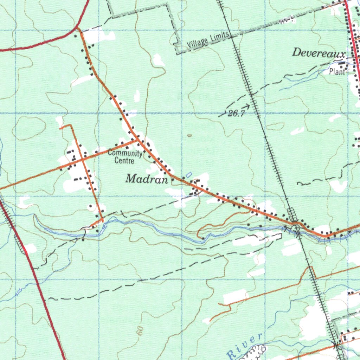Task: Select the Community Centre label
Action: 125,157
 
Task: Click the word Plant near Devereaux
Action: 337,72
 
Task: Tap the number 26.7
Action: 236,114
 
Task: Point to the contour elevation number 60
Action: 141,330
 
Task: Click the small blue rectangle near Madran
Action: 189,174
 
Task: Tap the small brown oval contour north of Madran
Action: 190,135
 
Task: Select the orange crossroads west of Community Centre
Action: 82,159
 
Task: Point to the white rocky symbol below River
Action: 256,352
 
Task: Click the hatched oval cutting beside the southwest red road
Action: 20,244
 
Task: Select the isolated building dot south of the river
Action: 83,240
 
